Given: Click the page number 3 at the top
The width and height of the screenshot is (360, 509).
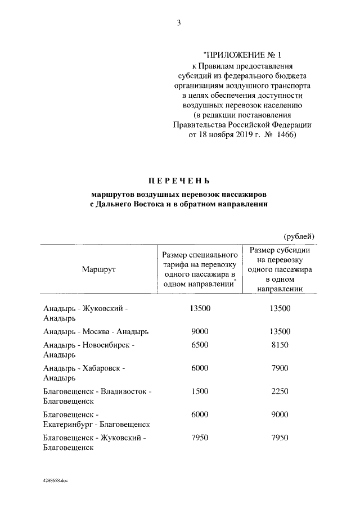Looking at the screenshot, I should tap(179, 23).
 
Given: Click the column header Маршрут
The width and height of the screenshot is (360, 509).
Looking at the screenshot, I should tap(98, 269).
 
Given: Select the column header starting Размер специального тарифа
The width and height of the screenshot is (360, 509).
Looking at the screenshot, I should tap(200, 269).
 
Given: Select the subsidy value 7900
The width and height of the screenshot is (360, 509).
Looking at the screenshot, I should tap(280, 368).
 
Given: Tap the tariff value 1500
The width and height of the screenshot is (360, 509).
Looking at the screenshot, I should tap(200, 391).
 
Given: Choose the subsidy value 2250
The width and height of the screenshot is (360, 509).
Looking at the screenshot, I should tap(280, 391).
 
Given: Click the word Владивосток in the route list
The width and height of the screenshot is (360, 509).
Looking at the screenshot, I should tap(124, 391).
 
